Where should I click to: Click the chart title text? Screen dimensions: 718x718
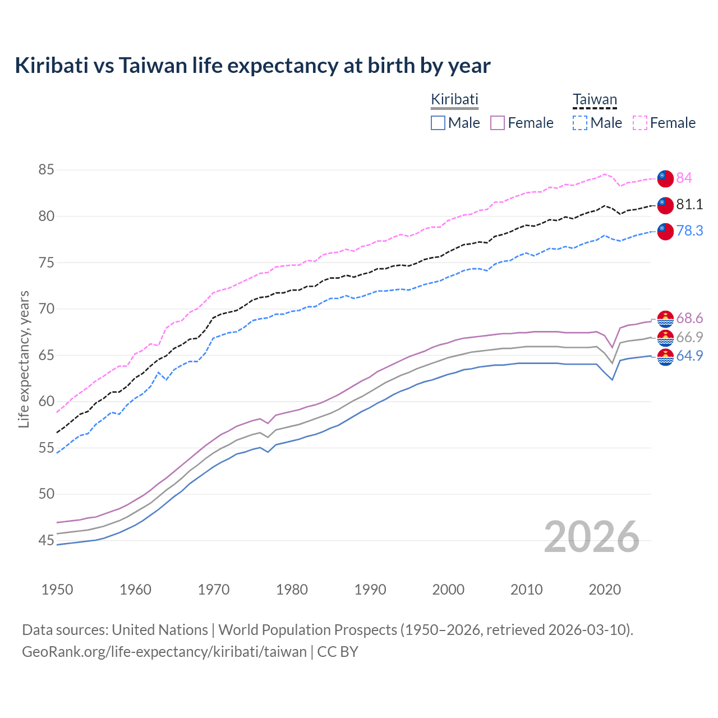252,66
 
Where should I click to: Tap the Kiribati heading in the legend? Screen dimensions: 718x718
454,99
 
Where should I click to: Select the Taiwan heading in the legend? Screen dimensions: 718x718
595,100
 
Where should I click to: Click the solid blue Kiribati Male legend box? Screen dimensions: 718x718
438,123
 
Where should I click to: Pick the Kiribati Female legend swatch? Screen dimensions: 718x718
498,123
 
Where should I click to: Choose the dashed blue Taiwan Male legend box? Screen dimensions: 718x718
580,123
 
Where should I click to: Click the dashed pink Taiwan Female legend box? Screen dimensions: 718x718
640,123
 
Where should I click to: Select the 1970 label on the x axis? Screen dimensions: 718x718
214,590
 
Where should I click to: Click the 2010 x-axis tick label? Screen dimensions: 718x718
526,590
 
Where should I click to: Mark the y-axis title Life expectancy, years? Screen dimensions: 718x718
24,359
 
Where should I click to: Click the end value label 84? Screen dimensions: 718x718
684,178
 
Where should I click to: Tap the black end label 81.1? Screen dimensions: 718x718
689,204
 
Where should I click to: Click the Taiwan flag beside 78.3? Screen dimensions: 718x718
665,231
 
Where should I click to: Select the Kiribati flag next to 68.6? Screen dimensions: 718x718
665,319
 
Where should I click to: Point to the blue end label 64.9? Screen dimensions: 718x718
689,356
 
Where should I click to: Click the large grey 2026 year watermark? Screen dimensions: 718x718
592,537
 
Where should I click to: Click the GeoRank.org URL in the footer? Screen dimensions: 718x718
164,652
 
